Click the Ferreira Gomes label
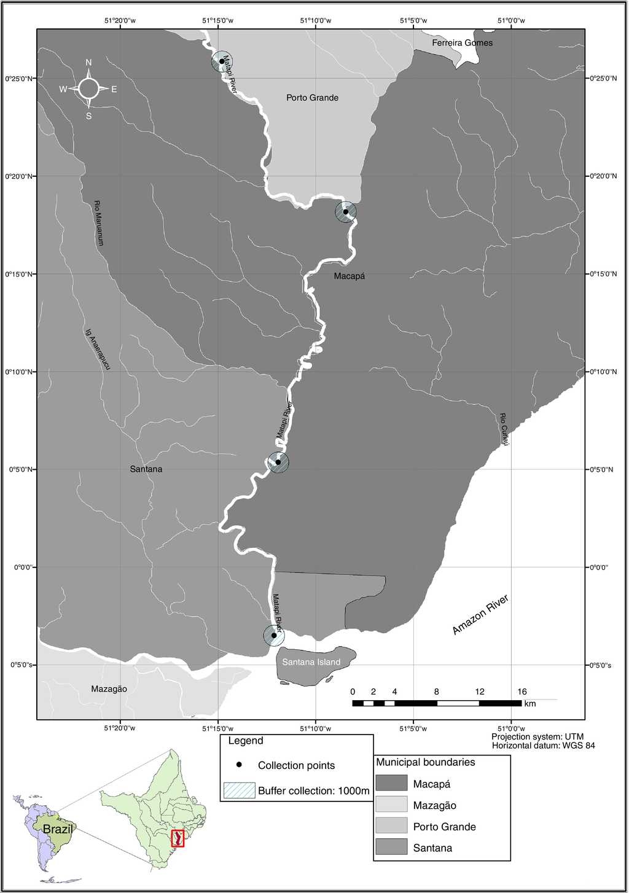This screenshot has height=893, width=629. click(462, 43)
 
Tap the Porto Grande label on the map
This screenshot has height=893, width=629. click(312, 98)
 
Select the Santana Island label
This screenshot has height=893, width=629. click(311, 662)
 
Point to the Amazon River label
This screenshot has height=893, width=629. click(480, 615)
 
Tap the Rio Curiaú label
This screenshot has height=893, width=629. click(504, 429)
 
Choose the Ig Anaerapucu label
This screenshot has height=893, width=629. click(98, 349)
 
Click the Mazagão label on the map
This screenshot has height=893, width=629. click(109, 689)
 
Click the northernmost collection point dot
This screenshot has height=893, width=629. click(222, 61)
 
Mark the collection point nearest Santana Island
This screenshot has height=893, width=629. click(274, 635)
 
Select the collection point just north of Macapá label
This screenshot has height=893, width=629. click(346, 212)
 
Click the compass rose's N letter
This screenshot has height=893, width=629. click(88, 63)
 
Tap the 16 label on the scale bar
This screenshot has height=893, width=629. click(522, 692)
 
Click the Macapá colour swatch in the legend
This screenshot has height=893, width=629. click(391, 783)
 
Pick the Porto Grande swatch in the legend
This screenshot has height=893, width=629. click(391, 825)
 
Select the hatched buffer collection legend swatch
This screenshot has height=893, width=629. click(239, 790)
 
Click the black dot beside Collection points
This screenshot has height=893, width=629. click(240, 765)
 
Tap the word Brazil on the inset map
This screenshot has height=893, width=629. click(58, 829)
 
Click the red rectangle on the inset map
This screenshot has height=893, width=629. click(177, 838)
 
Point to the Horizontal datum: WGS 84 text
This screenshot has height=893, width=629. click(543, 746)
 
